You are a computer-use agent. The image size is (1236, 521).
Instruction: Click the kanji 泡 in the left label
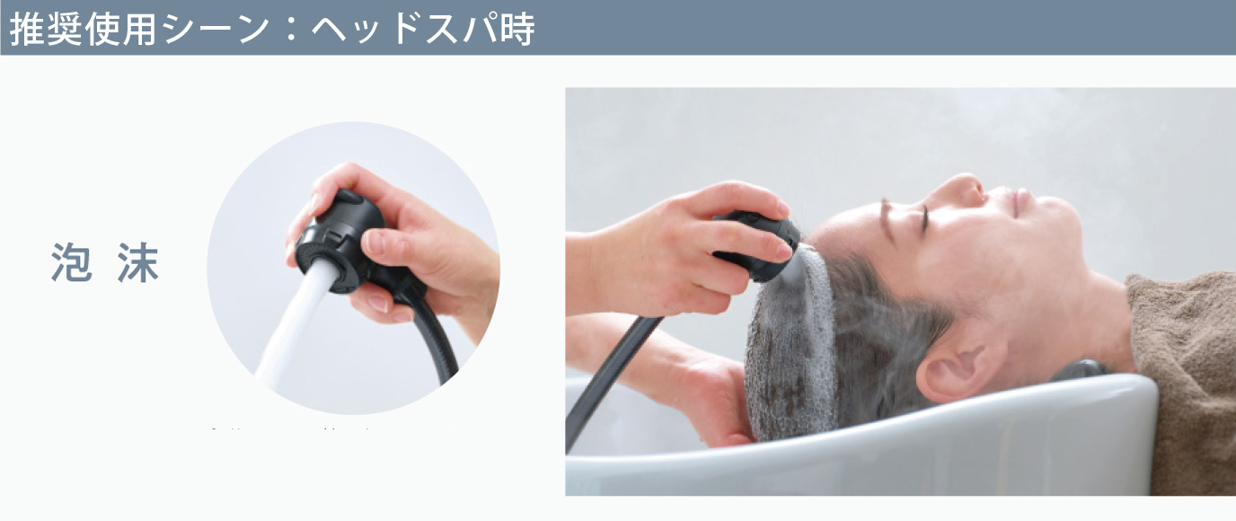tap(72, 263)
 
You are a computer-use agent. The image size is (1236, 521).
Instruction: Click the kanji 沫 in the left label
tap(137, 263)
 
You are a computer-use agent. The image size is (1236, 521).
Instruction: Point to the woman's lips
tap(1020, 199)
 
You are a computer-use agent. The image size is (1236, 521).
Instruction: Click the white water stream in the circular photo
tap(292, 332)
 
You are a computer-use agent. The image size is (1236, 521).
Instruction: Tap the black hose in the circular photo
tap(440, 346)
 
